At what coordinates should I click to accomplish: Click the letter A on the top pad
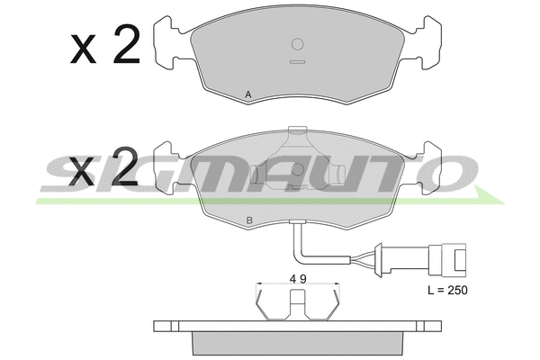coord(248,94)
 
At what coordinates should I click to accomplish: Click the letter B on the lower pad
coord(249,220)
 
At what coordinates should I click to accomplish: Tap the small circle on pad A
coord(297,44)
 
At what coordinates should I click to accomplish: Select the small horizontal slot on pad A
coord(297,62)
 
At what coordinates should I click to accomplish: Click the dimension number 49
coord(298,279)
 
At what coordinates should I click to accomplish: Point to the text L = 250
coord(447,291)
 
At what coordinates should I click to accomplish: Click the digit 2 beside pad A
coord(127,44)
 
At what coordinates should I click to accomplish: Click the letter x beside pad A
coord(83,50)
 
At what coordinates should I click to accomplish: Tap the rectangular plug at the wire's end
coord(447,260)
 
